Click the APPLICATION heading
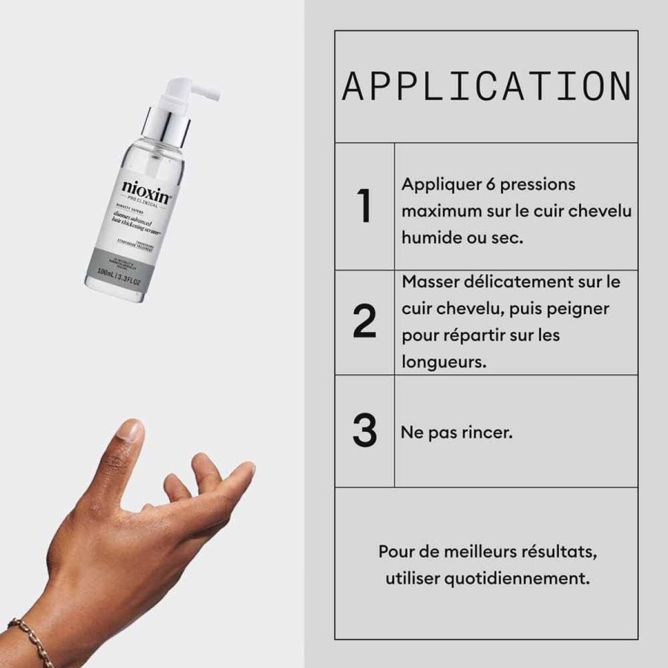point(486,87)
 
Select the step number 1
point(364,206)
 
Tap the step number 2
point(364,322)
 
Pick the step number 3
point(364,431)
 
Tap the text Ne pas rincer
point(456,432)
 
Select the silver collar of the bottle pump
point(161,122)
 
